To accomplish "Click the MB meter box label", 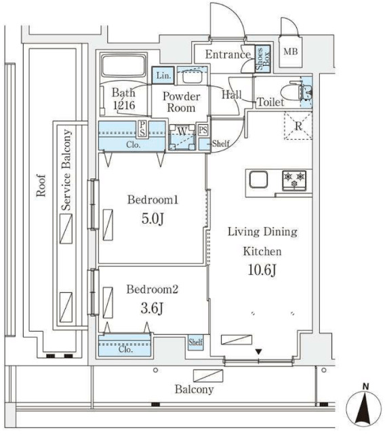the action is pyautogui.click(x=291, y=52).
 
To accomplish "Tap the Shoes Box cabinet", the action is pyautogui.click(x=262, y=59).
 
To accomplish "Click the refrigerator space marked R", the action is pyautogui.click(x=298, y=126).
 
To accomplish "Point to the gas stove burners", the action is pyautogui.click(x=294, y=180).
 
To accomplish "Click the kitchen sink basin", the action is pyautogui.click(x=258, y=180).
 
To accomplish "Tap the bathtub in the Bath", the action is pyautogui.click(x=123, y=66).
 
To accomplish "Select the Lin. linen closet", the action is pyautogui.click(x=163, y=75).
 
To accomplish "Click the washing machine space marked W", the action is pyautogui.click(x=182, y=138).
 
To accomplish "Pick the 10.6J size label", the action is pyautogui.click(x=262, y=270).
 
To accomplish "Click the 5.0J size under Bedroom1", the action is pyautogui.click(x=152, y=218).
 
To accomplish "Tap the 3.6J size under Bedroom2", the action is pyautogui.click(x=152, y=308).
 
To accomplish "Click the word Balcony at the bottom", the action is pyautogui.click(x=195, y=389).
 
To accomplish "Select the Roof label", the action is pyautogui.click(x=41, y=185).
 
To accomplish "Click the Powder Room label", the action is pyautogui.click(x=181, y=102).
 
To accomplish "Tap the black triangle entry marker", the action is pyautogui.click(x=259, y=352).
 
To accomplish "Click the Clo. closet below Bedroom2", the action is pyautogui.click(x=125, y=345).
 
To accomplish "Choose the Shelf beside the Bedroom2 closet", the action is pyautogui.click(x=196, y=342).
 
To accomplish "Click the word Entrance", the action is pyautogui.click(x=228, y=54).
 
